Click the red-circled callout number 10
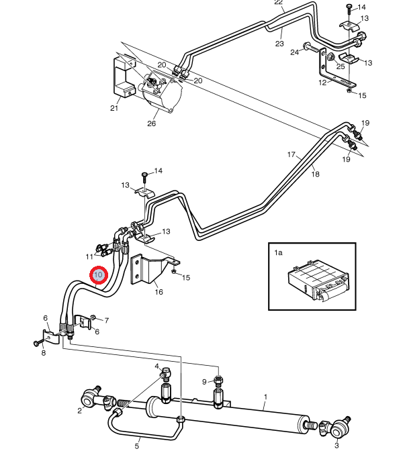coord(99,274)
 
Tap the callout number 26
coord(152,123)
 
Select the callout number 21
coord(114,108)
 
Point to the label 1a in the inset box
coord(278,252)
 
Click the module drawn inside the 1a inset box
coord(318,281)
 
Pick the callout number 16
coord(159,292)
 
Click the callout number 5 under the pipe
coord(137,446)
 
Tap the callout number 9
coord(204,382)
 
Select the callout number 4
coord(156,366)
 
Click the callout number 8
coord(44,353)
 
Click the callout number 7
coord(107,320)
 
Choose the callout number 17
coord(292,154)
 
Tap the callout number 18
coord(316,174)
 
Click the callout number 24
coord(295,52)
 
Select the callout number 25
coord(341,66)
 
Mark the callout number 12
coord(322,83)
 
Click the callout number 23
coord(279,44)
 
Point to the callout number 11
coord(89,256)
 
